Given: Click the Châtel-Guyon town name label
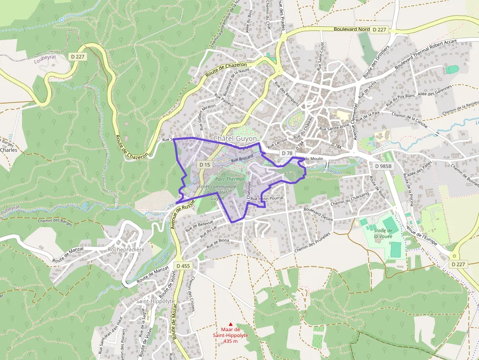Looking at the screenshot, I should (x=235, y=139).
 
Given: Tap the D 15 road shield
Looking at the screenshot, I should (x=205, y=165).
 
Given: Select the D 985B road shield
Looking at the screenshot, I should (x=383, y=166).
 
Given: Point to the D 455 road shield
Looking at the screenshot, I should (x=183, y=266).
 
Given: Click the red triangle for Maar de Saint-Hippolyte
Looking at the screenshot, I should (x=231, y=324).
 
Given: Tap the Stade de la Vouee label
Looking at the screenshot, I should (x=383, y=233).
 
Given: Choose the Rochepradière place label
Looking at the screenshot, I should (x=126, y=250).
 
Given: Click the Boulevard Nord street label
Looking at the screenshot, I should (x=351, y=29).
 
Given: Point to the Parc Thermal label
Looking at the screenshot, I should (x=230, y=179).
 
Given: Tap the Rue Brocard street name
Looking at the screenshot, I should (x=242, y=158).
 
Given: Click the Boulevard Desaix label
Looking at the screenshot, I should (x=318, y=214).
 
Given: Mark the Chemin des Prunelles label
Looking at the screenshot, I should (x=312, y=242).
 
